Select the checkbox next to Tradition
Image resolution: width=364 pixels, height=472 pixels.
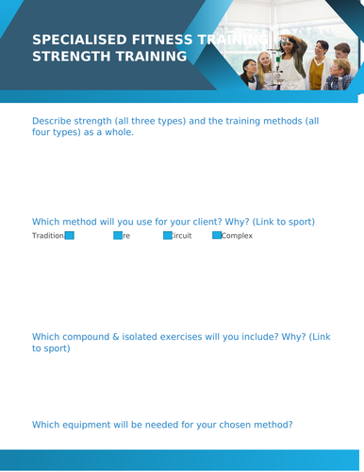(70, 236)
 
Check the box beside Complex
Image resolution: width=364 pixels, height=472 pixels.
(217, 236)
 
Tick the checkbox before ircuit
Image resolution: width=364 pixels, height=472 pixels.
(168, 236)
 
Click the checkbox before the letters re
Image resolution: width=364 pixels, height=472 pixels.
(118, 236)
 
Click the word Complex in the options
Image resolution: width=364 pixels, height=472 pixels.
(237, 236)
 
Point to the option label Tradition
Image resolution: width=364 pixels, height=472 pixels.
(48, 236)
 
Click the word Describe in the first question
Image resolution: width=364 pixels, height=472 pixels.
(54, 121)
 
